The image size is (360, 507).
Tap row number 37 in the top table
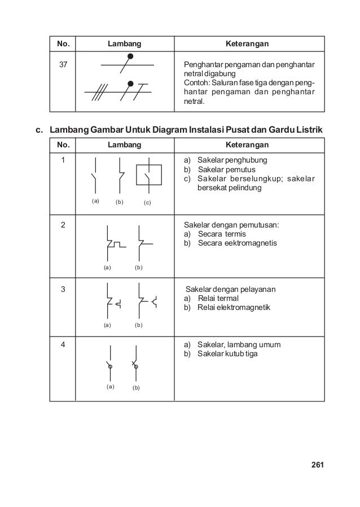[x=62, y=64]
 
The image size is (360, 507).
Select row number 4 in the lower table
[x=63, y=344]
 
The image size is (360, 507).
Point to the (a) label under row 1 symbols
[x=95, y=200]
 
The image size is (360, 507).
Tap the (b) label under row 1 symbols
[x=120, y=202]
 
